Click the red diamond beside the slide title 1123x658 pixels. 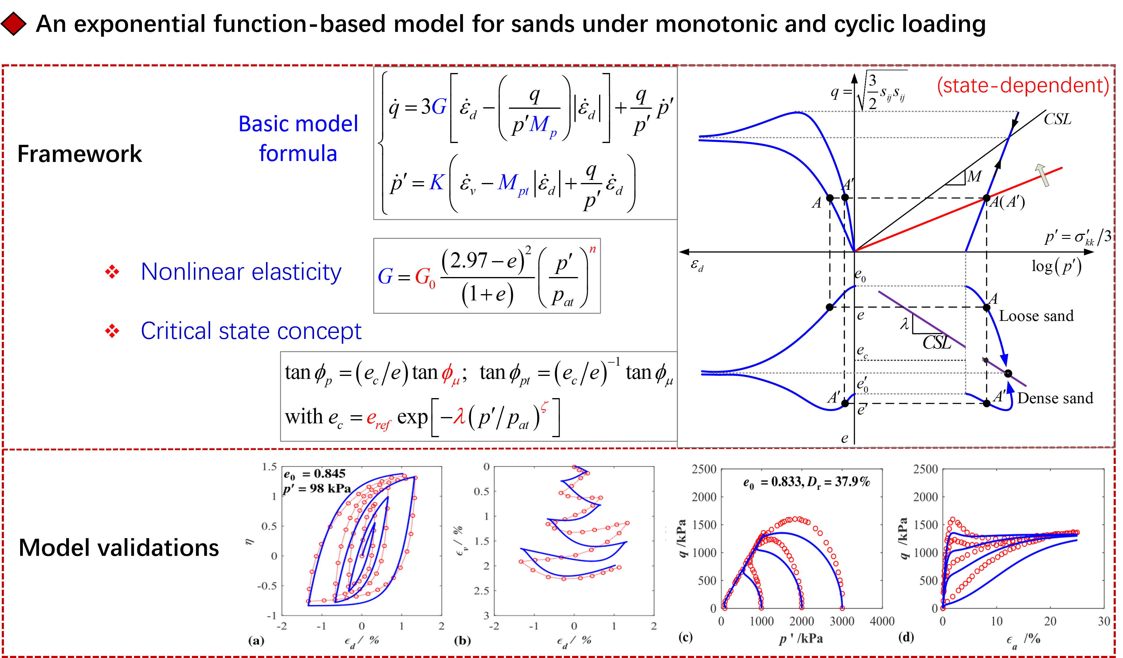13,24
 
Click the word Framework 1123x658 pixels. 79,154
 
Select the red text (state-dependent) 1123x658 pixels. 1022,85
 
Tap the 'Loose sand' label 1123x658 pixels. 1036,316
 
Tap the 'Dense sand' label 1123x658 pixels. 1055,398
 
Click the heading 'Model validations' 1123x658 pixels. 118,547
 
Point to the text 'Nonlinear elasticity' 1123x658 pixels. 241,272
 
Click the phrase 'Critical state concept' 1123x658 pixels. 251,331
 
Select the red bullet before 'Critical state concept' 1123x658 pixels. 112,331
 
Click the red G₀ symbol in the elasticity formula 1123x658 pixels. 425,278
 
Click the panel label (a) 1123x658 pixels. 256,641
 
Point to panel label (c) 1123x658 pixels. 685,637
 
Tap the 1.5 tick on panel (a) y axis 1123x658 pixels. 270,467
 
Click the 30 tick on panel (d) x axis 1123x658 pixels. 1104,621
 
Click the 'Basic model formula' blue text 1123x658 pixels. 298,139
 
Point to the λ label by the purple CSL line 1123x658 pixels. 904,324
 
